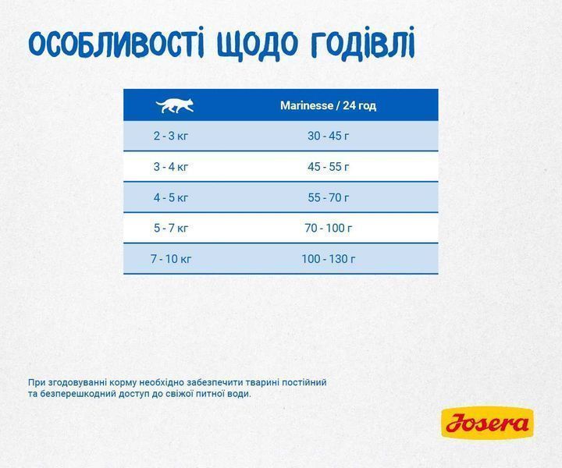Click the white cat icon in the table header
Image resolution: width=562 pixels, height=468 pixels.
tap(174, 105)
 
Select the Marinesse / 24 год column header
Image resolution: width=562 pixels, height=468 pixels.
tap(328, 105)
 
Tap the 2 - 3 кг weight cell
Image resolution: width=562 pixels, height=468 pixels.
tap(171, 136)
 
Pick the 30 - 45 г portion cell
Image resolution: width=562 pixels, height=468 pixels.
tap(328, 136)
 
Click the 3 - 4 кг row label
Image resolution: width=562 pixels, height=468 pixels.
tap(171, 166)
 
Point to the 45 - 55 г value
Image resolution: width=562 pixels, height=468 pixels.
tap(328, 166)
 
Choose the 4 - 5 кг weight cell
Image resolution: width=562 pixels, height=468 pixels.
tap(171, 197)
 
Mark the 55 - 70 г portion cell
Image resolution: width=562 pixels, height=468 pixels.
tap(328, 197)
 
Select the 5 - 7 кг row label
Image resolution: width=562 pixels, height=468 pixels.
tap(171, 228)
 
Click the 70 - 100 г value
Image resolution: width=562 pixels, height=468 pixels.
tap(328, 228)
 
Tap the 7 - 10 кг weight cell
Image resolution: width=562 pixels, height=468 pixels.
tap(171, 259)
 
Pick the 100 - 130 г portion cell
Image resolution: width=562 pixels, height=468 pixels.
tap(328, 259)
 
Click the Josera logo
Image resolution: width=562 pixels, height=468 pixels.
tap(487, 424)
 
